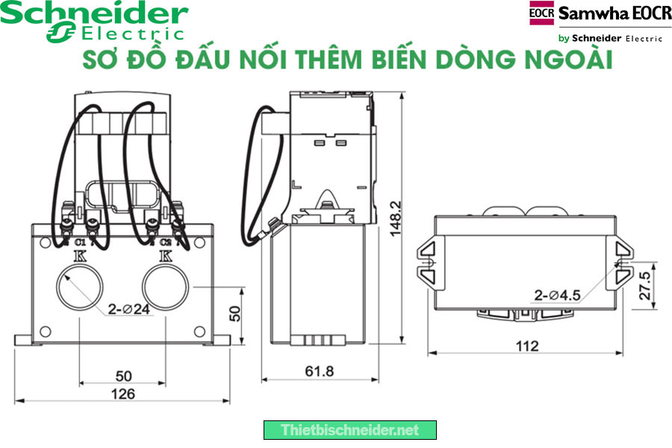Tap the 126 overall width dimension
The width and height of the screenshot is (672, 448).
(122, 393)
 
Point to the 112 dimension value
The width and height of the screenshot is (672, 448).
(527, 346)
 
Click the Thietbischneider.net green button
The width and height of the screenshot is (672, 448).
(349, 430)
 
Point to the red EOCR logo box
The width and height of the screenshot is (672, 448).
(542, 13)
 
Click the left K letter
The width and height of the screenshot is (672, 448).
(80, 257)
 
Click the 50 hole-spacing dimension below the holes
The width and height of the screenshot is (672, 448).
(122, 376)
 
